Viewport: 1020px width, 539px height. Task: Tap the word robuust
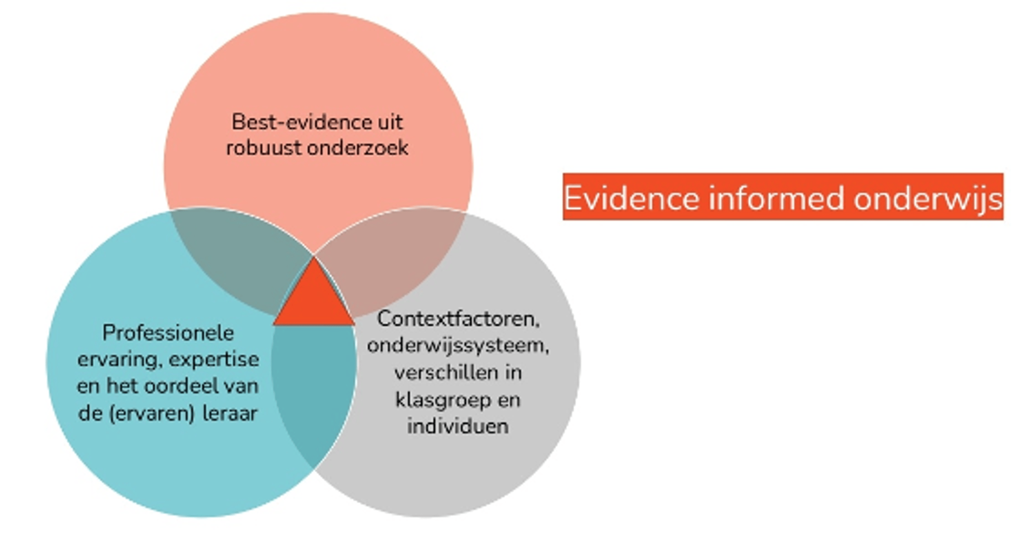pos(264,148)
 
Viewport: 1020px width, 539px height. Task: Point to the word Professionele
pos(168,333)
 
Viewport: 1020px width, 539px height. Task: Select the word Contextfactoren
pos(458,319)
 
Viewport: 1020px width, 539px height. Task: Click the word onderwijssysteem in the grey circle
pos(458,346)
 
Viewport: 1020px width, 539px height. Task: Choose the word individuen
pos(458,426)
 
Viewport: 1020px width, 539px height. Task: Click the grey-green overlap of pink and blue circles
pos(237,257)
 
